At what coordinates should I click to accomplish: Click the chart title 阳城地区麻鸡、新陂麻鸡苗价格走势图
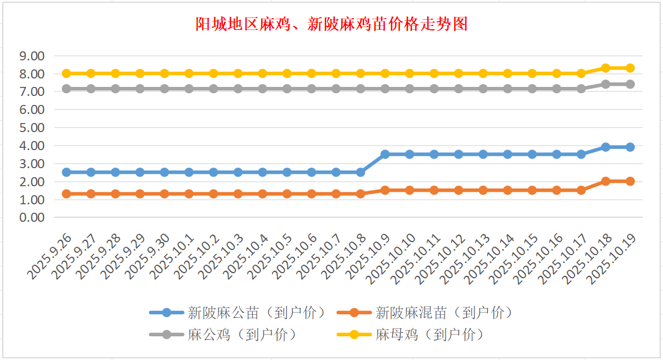(331, 24)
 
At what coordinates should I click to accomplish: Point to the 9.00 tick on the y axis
(32, 56)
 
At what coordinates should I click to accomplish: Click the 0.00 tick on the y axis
(32, 217)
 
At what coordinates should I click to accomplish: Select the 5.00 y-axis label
(32, 128)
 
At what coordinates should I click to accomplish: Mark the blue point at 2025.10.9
(385, 154)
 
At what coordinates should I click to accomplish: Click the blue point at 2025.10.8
(361, 172)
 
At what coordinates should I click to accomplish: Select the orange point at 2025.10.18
(605, 181)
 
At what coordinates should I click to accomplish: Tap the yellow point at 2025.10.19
(630, 68)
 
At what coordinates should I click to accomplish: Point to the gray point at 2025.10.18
(605, 84)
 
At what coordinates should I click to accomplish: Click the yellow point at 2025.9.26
(67, 73)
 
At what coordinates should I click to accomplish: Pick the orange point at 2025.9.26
(67, 194)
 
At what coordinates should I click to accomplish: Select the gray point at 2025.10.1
(189, 89)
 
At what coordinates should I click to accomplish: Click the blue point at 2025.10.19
(630, 147)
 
